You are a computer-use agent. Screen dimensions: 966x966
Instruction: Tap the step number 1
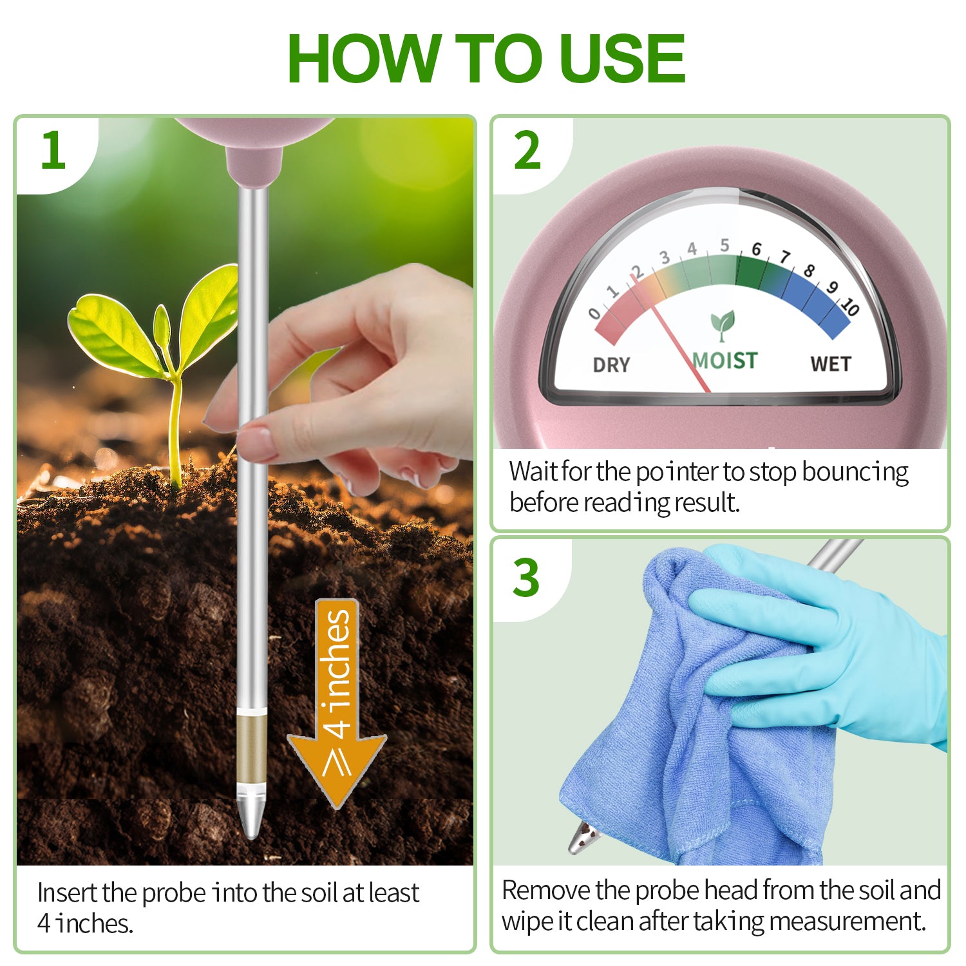[x=53, y=151]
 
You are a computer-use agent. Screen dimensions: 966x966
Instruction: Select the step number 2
[x=527, y=151]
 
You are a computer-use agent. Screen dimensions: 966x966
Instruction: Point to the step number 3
[x=526, y=578]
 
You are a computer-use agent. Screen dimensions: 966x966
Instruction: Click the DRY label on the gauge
[x=611, y=365]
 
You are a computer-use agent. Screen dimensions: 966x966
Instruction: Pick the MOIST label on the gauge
[x=725, y=361]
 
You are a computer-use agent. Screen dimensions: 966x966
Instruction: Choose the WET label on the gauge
[x=830, y=364]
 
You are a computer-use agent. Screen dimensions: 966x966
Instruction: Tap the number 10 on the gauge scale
[x=850, y=307]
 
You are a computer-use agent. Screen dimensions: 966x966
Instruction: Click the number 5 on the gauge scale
[x=724, y=245]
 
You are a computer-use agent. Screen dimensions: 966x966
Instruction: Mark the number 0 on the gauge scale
[x=594, y=314]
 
